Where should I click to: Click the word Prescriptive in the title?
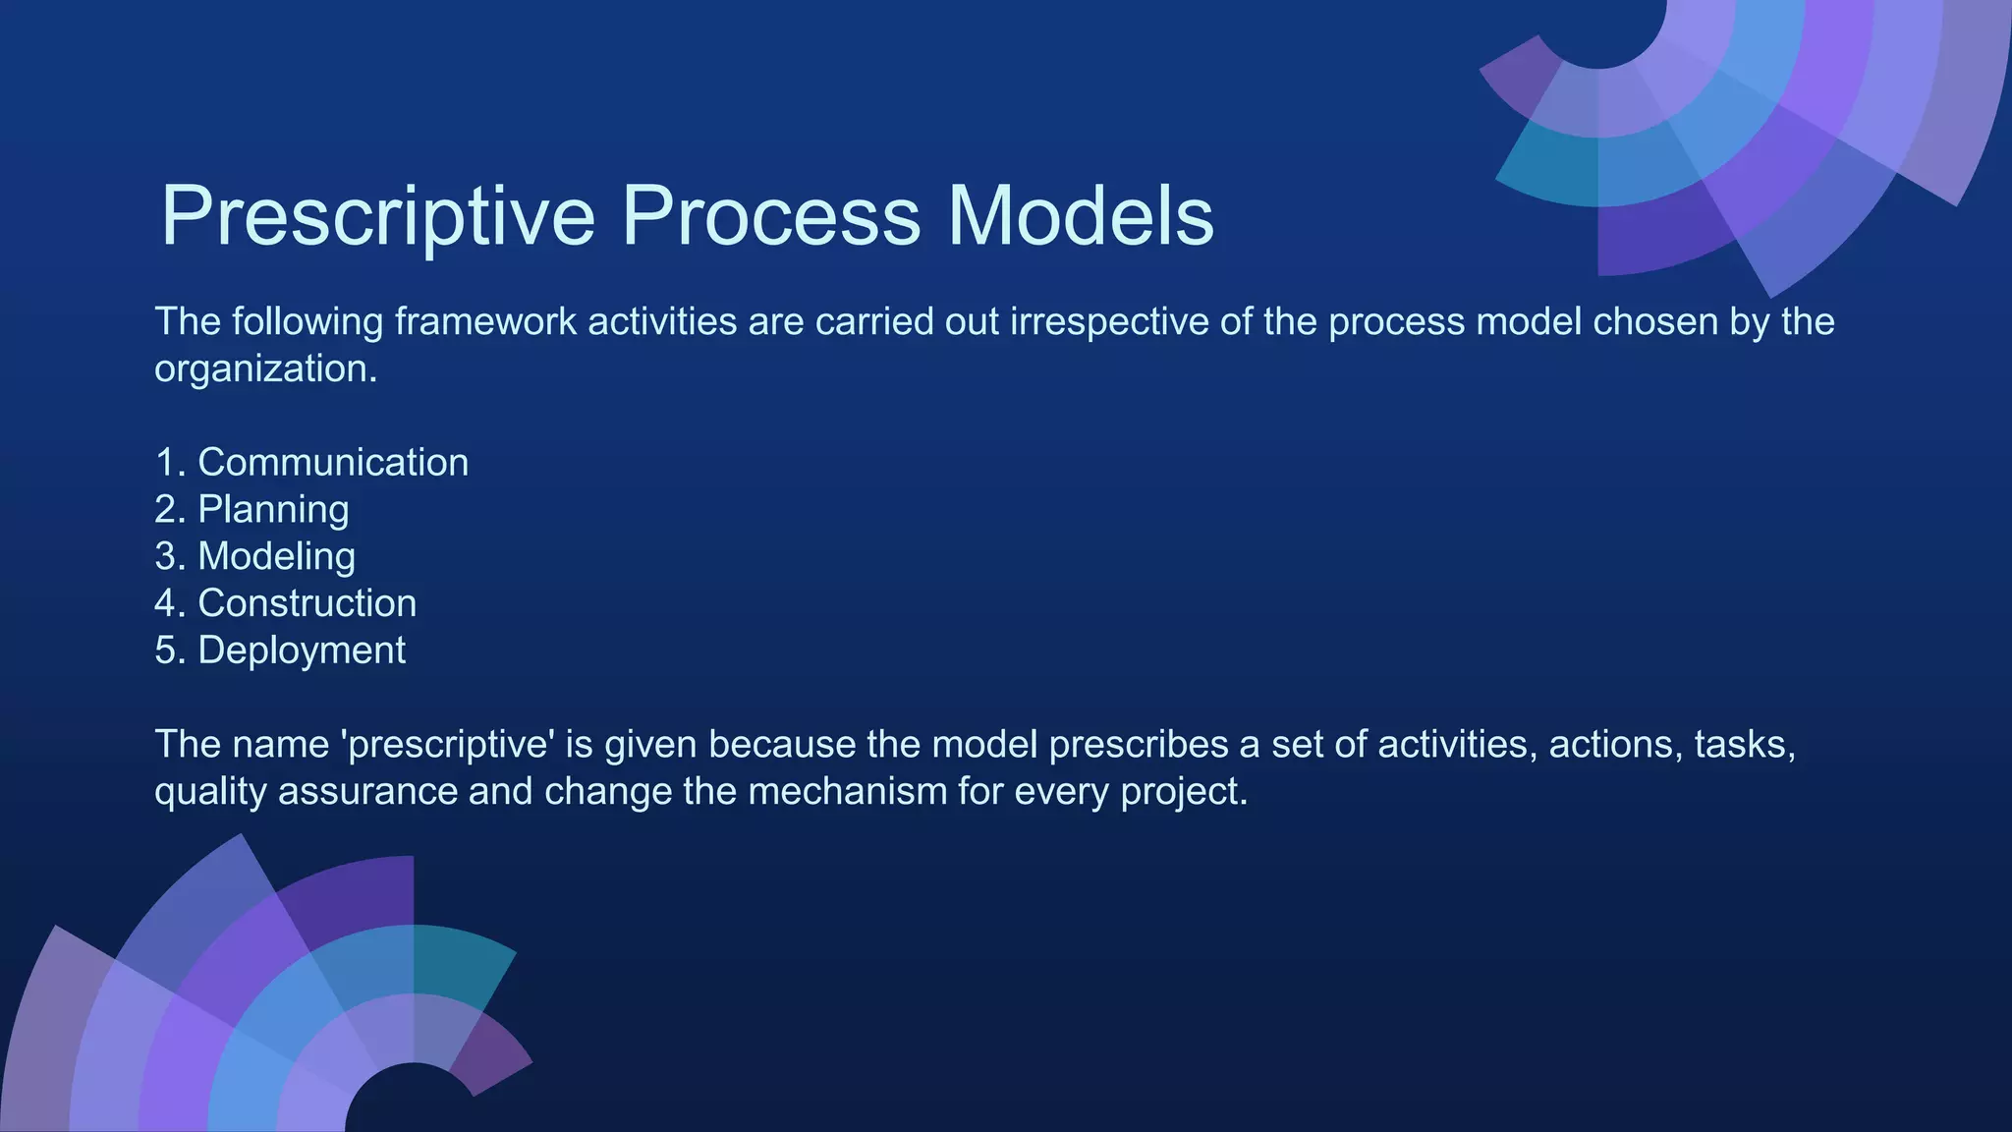(378, 216)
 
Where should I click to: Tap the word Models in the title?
(1081, 216)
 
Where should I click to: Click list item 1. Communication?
(311, 463)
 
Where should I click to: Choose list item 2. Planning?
(251, 510)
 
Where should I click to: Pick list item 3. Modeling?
(254, 557)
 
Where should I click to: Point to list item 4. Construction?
(285, 603)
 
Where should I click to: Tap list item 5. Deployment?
(280, 651)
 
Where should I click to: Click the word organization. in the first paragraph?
(265, 369)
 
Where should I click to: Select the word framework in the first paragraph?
(485, 322)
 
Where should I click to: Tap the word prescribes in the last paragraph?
(1139, 745)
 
